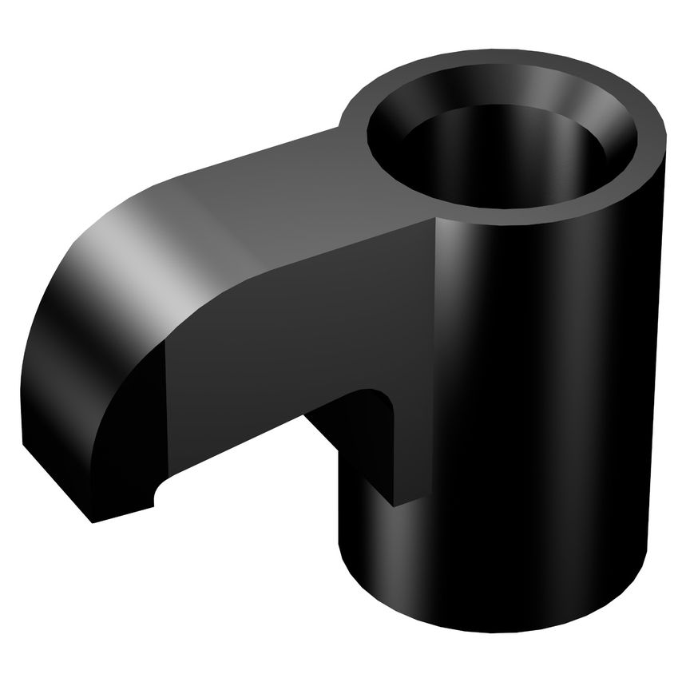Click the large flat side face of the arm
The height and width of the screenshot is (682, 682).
coord(280,335)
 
